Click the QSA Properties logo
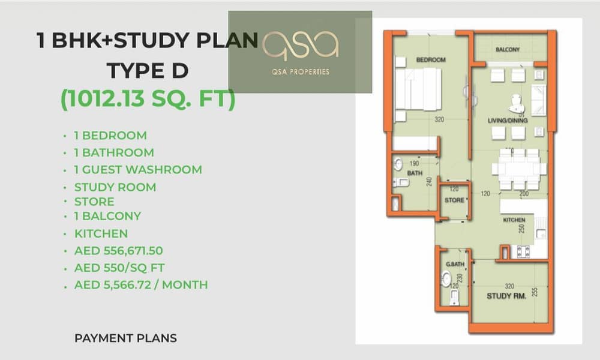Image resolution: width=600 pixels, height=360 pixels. click(301, 52)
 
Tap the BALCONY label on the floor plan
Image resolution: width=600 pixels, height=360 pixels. click(508, 49)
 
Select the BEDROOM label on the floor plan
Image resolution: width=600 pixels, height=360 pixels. click(431, 59)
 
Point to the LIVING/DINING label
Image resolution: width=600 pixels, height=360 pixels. click(508, 121)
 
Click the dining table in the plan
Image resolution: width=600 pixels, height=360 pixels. click(519, 169)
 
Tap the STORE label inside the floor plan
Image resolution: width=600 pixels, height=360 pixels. click(454, 200)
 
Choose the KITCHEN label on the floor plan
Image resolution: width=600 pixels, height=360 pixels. click(514, 220)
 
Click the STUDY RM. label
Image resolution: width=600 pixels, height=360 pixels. click(506, 296)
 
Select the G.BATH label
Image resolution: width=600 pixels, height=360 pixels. click(455, 264)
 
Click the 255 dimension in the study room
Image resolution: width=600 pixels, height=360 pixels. click(535, 292)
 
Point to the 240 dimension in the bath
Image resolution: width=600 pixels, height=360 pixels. click(430, 181)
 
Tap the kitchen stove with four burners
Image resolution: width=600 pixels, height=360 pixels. click(523, 251)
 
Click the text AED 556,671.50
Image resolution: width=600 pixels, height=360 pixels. click(119, 251)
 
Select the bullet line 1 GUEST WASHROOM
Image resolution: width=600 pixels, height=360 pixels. click(138, 169)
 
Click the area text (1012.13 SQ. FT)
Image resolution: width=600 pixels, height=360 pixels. click(148, 99)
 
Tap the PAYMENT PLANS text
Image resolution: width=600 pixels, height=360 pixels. click(125, 338)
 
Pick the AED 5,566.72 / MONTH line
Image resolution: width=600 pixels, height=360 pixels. click(141, 284)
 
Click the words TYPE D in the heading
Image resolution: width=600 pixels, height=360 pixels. click(148, 71)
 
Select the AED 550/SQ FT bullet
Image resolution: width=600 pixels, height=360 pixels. click(119, 268)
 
